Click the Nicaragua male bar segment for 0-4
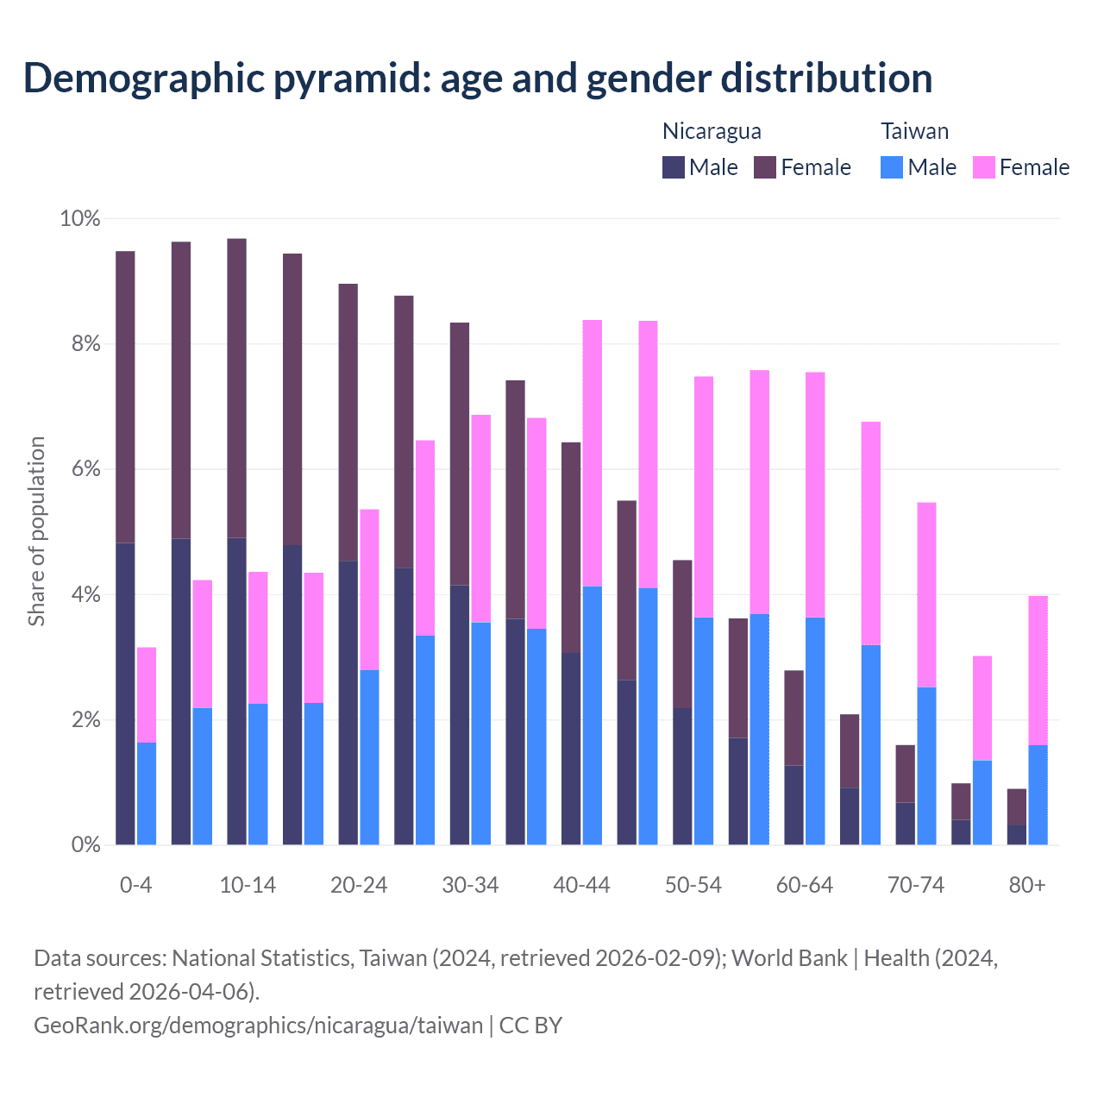pyautogui.click(x=125, y=693)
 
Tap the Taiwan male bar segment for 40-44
pyautogui.click(x=593, y=715)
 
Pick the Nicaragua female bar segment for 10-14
pyautogui.click(x=236, y=388)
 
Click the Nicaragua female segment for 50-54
pyautogui.click(x=682, y=634)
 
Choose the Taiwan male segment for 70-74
pyautogui.click(x=926, y=765)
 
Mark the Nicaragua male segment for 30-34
pyautogui.click(x=460, y=715)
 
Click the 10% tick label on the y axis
pyautogui.click(x=79, y=219)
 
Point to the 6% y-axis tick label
pyautogui.click(x=79, y=470)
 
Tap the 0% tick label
pyautogui.click(x=85, y=845)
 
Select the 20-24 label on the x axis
pyautogui.click(x=359, y=886)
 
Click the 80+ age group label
pyautogui.click(x=1027, y=886)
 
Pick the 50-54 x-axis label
pyautogui.click(x=693, y=886)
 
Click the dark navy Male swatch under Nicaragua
pyautogui.click(x=674, y=167)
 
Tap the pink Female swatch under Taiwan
pyautogui.click(x=983, y=167)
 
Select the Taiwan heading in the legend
pyautogui.click(x=914, y=131)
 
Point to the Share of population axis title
pyautogui.click(x=36, y=530)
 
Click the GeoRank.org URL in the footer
pyautogui.click(x=258, y=1025)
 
